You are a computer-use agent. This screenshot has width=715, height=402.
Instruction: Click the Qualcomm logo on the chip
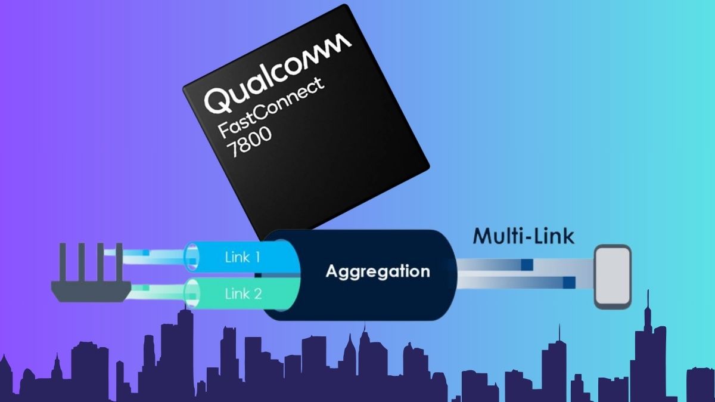(278, 73)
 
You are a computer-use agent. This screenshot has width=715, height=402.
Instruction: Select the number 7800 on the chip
(249, 141)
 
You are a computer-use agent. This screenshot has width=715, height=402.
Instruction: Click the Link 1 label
(243, 257)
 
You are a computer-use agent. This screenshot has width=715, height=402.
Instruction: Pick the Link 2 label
(243, 293)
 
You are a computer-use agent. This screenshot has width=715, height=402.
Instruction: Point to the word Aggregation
(378, 271)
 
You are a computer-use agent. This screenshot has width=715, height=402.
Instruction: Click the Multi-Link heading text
(524, 236)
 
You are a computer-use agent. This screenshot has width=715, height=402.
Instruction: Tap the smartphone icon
(613, 277)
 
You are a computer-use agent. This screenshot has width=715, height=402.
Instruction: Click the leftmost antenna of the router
(63, 262)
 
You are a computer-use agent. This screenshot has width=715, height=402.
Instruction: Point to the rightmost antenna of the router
(119, 262)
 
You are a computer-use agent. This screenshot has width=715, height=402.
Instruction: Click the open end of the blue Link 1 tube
(191, 257)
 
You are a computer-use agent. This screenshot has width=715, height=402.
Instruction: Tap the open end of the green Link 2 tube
(192, 293)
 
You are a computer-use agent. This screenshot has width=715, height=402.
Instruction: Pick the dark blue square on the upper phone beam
(527, 265)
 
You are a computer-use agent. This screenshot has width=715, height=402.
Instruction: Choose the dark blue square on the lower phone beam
(569, 283)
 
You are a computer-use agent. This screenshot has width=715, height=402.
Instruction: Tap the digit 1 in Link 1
(256, 257)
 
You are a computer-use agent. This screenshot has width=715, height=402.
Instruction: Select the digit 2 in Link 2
(257, 293)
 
